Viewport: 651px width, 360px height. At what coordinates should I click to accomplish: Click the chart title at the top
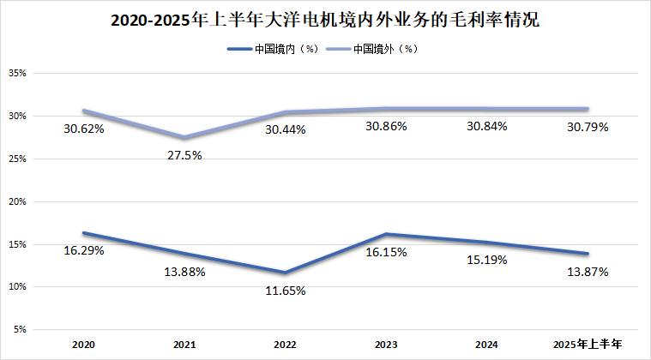325,19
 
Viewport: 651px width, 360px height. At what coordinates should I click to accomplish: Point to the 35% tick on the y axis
18,74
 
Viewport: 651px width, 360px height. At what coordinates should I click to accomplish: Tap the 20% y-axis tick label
18,202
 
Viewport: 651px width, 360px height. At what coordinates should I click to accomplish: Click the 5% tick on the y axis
21,330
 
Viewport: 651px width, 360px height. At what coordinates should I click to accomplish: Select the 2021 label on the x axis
184,345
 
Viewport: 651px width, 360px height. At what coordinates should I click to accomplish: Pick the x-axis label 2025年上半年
587,345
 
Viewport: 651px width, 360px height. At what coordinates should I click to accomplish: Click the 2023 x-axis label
385,345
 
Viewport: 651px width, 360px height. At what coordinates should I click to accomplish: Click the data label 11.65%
285,290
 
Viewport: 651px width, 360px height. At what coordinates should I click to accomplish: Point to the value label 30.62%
83,129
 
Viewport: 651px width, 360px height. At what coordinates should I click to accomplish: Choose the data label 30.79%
587,127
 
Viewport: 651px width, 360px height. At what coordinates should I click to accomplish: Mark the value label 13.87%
587,272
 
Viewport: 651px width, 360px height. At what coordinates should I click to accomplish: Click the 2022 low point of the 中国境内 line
285,273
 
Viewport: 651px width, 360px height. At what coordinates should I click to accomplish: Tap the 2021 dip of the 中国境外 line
184,138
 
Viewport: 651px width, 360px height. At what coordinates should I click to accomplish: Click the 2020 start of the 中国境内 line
83,233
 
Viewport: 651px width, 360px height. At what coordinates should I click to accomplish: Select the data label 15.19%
486,260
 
